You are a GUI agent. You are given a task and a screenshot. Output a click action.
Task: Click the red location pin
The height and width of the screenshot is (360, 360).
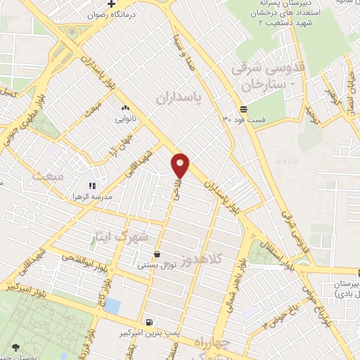tap(181, 165)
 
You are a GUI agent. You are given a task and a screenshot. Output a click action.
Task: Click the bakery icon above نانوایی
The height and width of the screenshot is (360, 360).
tap(125, 108)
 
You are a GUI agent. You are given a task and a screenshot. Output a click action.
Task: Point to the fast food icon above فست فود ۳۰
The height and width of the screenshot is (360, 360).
tap(243, 108)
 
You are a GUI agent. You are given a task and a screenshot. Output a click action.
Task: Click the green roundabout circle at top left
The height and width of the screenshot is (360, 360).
tap(73, 32)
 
